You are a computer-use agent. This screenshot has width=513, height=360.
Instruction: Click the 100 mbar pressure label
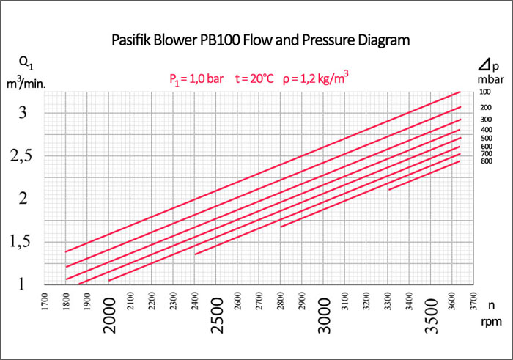(484, 92)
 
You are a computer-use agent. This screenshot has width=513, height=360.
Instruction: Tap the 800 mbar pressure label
(484, 161)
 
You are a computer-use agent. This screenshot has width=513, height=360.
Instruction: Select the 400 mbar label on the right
(484, 129)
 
